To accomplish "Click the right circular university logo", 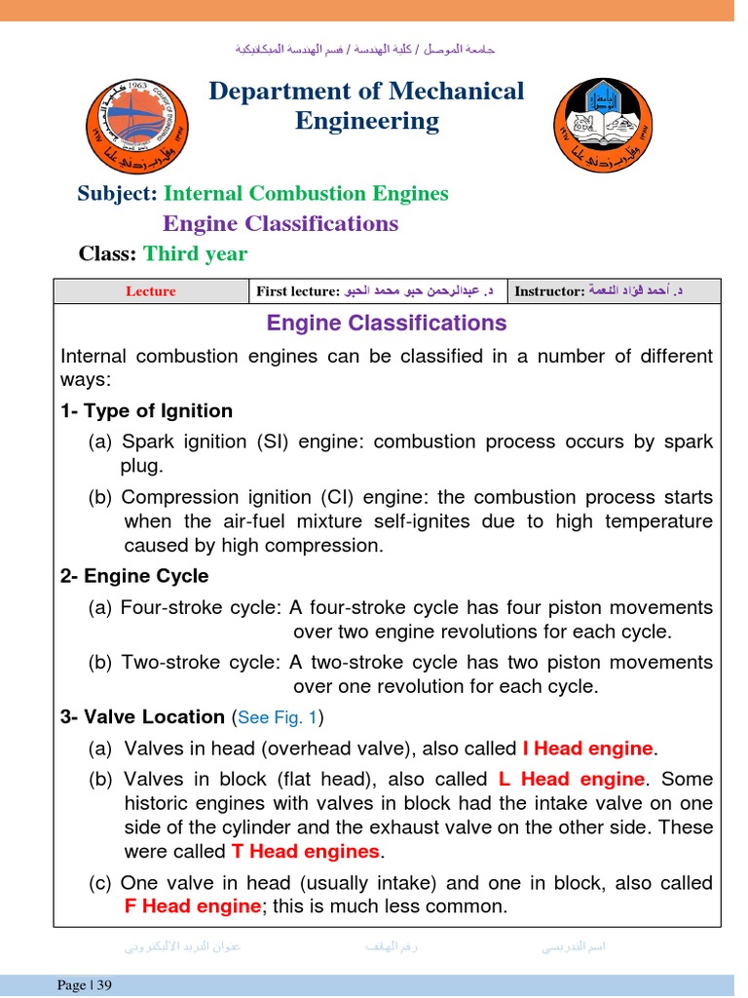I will tap(604, 125).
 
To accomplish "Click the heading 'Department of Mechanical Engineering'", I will tap(366, 105).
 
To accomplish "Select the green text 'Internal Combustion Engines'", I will tap(306, 193).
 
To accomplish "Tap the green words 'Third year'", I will tap(195, 253).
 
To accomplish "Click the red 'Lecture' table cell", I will tap(151, 291).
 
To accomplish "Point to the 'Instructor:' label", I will tap(549, 291).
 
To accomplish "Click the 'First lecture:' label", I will tap(297, 291).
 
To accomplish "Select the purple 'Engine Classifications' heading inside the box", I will tap(387, 323).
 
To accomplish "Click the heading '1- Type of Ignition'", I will tap(146, 410).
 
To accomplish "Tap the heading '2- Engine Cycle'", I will tap(134, 576).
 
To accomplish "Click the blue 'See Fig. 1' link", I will tap(278, 717).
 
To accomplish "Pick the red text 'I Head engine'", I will tap(587, 748).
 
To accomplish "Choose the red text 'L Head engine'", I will tap(571, 779).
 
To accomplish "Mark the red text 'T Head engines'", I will tap(305, 851).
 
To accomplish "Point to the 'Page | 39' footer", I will tap(85, 985).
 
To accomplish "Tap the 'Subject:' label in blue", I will tap(117, 193).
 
